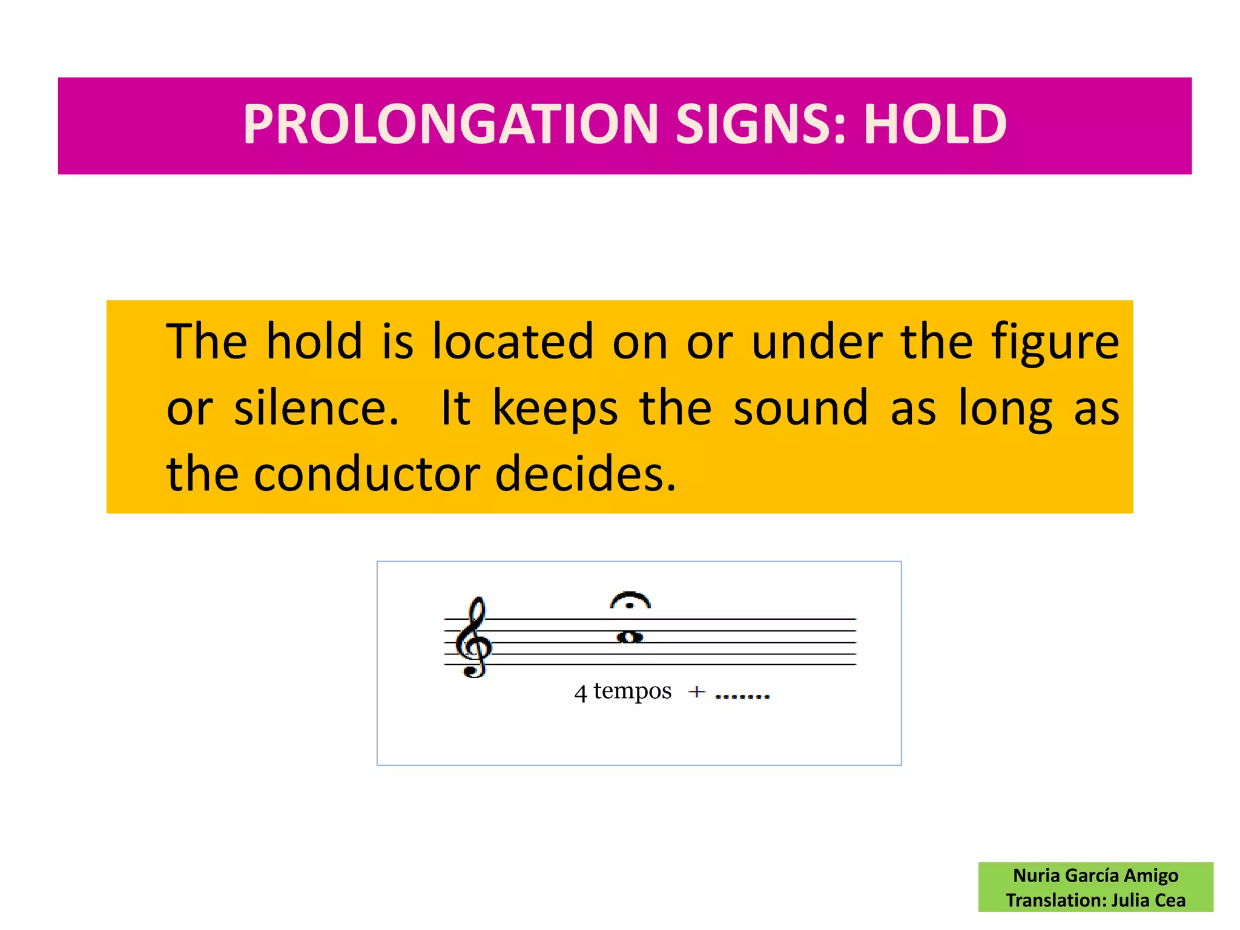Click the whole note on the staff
630,636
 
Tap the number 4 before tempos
581,693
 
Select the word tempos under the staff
632,691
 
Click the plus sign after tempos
697,691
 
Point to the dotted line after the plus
742,696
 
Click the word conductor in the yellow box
367,473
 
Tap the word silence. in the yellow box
317,408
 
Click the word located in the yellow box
512,341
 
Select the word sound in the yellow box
801,407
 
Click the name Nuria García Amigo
1095,876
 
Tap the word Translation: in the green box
1056,900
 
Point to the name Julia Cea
1148,900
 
